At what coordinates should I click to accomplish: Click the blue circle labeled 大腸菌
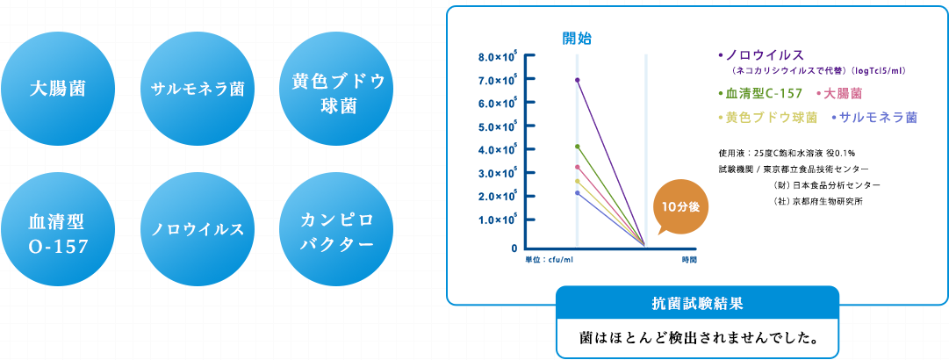coord(58,90)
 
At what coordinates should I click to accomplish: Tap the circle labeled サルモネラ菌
coord(198,90)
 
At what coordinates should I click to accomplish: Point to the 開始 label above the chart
coord(577,39)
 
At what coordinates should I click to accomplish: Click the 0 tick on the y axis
coord(514,248)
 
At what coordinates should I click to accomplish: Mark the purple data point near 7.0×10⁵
coord(578,80)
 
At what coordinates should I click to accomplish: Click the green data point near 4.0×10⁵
coord(578,147)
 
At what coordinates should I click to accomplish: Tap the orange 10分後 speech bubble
coord(680,208)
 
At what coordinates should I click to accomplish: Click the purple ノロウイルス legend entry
coord(761,55)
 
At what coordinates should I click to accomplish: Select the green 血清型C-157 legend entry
coord(760,94)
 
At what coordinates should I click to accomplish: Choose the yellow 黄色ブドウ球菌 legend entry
coord(767,118)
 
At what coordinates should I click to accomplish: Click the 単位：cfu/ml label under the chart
coord(549,260)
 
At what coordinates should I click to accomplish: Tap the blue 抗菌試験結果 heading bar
coord(697,304)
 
